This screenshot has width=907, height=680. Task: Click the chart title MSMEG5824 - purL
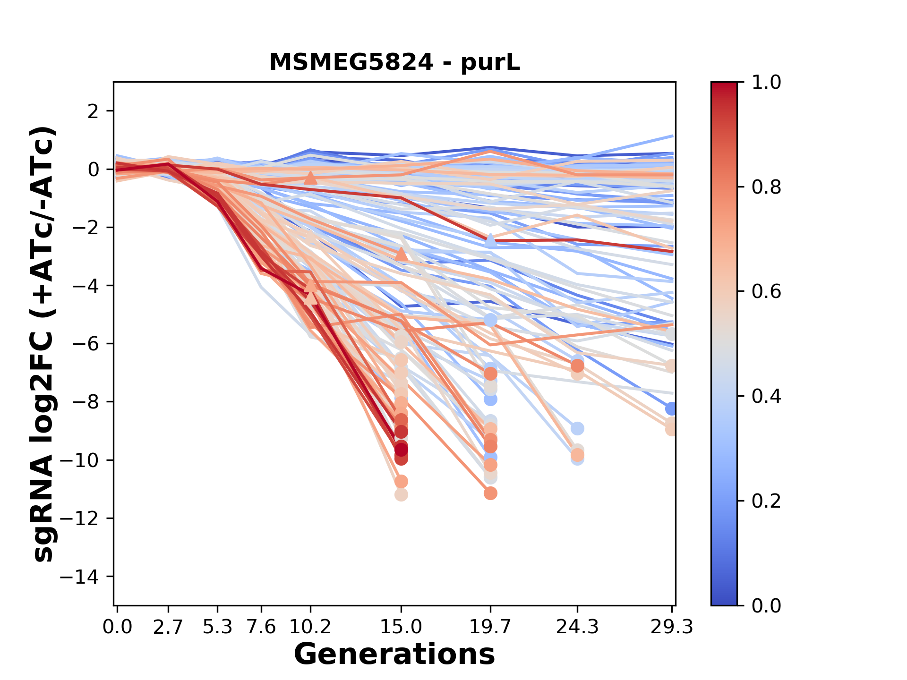coord(394,62)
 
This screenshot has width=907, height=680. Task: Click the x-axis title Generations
coord(394,654)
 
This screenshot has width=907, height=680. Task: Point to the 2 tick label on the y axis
coord(94,111)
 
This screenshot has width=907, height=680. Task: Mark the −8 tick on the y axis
coord(85,402)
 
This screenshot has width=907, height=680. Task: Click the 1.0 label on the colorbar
coord(766,83)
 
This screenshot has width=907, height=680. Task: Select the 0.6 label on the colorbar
coord(766,292)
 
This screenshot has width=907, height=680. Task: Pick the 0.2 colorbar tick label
coord(766,501)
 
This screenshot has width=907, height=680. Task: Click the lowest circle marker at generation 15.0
coord(401,495)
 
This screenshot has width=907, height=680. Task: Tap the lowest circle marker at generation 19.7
coord(490,493)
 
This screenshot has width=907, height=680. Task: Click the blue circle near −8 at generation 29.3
coord(671,409)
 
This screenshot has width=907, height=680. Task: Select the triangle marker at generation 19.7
coord(490,240)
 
